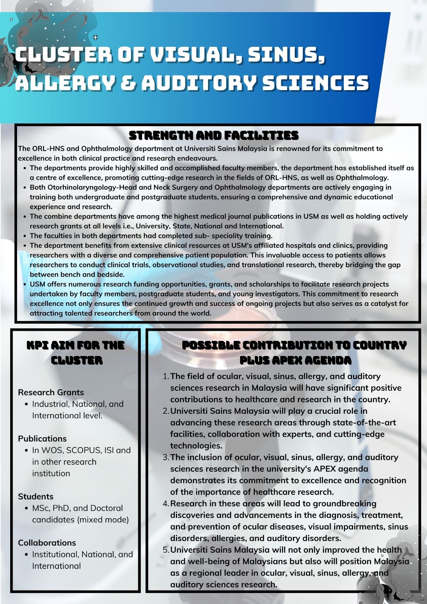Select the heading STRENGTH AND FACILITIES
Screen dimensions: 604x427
(x=214, y=135)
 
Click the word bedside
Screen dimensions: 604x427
(x=112, y=274)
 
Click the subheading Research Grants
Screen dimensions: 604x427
(x=51, y=392)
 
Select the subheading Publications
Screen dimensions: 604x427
(x=42, y=439)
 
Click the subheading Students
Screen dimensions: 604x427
(x=36, y=496)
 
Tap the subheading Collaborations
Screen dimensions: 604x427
(x=47, y=543)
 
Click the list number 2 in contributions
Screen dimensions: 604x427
(x=166, y=411)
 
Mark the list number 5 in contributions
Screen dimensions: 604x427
(x=166, y=550)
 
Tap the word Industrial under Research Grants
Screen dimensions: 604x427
(x=50, y=404)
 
